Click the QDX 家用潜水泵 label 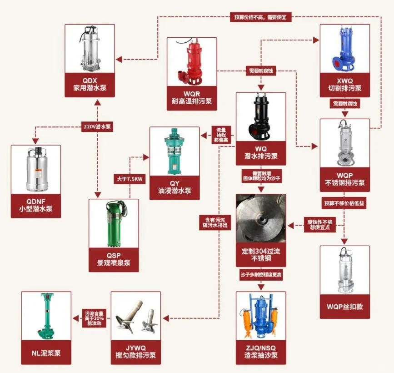pyautogui.click(x=89, y=84)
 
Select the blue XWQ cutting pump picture pyautogui.click(x=344, y=49)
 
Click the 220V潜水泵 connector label pyautogui.click(x=97, y=127)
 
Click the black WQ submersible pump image pyautogui.click(x=261, y=116)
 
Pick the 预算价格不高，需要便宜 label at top pyautogui.click(x=260, y=17)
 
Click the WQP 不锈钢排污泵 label pyautogui.click(x=344, y=178)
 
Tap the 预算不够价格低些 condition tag pyautogui.click(x=344, y=203)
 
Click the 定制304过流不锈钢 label pyautogui.click(x=261, y=255)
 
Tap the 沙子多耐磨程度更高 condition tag pyautogui.click(x=261, y=275)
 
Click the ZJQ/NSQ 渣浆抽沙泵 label pyautogui.click(x=261, y=352)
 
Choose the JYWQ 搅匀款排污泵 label pyautogui.click(x=136, y=352)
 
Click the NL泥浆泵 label pyautogui.click(x=46, y=352)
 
